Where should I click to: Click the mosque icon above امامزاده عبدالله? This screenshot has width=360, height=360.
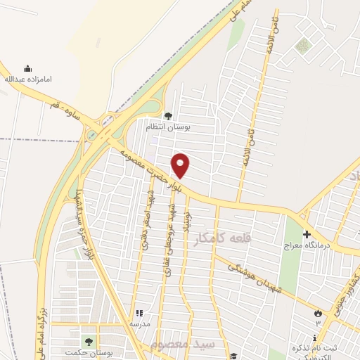tap(28, 69)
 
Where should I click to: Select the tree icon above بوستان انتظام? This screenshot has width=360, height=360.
tap(167, 116)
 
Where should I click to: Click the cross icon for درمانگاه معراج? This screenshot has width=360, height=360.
tap(307, 233)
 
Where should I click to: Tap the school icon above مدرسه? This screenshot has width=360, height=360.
tap(139, 313)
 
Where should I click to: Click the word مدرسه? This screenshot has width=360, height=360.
tap(139, 323)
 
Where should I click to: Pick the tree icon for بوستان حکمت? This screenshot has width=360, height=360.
tap(88, 341)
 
